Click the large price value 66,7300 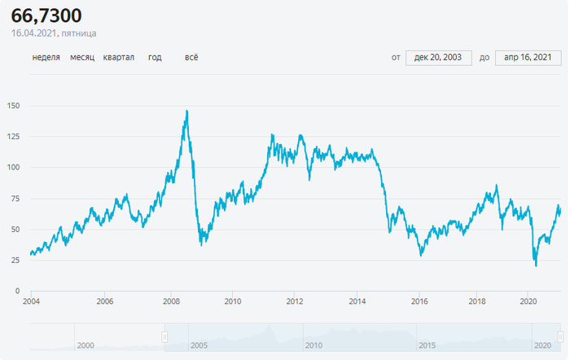pos(46,15)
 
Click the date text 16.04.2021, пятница pos(54,33)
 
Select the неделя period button pos(46,58)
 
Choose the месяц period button pos(82,58)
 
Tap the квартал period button pos(119,58)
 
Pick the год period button pos(155,58)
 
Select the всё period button pos(191,58)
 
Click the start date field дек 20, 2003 pos(438,58)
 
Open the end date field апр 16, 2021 pos(528,58)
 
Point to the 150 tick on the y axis pos(13,106)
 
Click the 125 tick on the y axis pos(13,137)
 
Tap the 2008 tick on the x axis pos(169,301)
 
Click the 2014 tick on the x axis pos(357,301)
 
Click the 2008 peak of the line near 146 pos(187,111)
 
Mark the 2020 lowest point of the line pos(536,265)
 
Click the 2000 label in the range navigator pos(85,345)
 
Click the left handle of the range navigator pos(164,336)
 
